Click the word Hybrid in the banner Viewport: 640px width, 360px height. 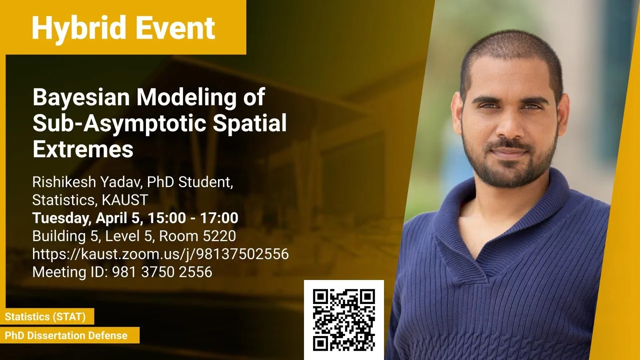pos(79,28)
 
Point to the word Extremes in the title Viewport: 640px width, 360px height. pos(83,149)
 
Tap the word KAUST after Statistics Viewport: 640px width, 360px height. pos(125,199)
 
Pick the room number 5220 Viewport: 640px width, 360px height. pos(219,236)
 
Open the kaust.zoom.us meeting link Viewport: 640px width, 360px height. pos(160,254)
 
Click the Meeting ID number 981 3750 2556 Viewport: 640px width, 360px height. pos(162,271)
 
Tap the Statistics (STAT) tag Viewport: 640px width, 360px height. pos(45,316)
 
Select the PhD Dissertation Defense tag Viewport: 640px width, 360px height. pos(66,335)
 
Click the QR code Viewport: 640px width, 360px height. pos(344,320)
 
